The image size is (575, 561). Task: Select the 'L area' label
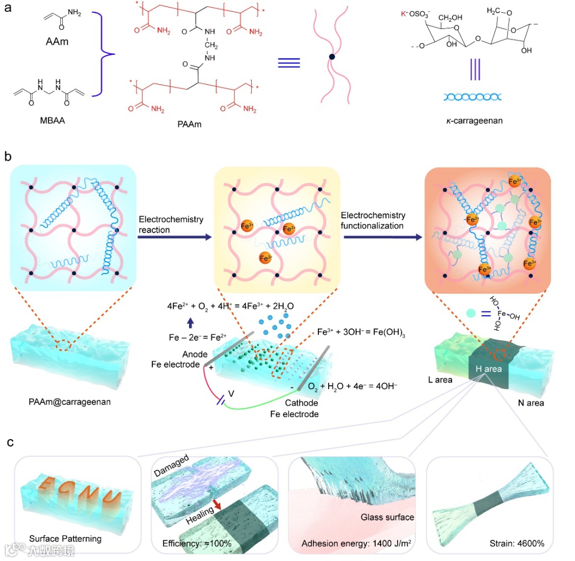pos(439,379)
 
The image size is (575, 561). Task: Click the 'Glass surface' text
pos(387,517)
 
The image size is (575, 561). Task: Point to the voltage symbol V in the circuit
pos(231,394)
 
